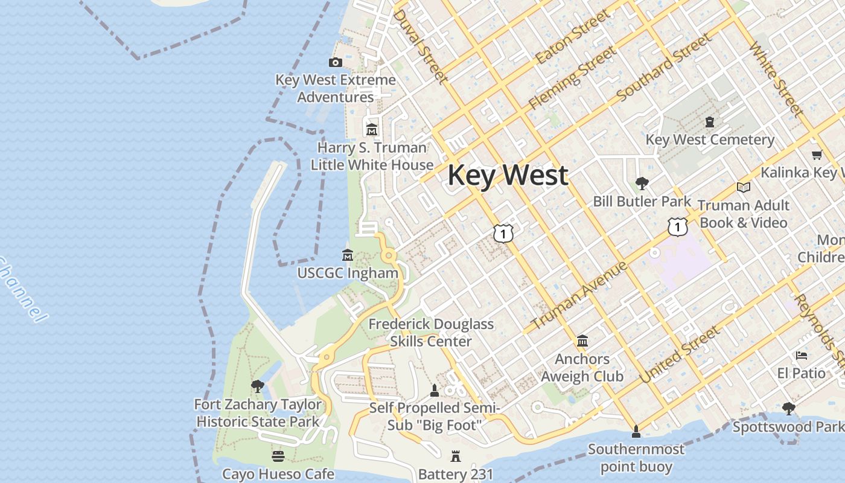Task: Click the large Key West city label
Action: (508, 175)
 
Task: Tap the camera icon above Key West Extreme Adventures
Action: (335, 62)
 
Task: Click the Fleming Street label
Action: (573, 78)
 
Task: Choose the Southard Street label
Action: (664, 68)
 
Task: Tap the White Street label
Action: (776, 79)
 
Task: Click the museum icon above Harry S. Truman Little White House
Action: (372, 130)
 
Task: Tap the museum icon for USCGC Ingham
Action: (348, 255)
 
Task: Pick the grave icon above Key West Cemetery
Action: (710, 122)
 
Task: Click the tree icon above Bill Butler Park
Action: (642, 183)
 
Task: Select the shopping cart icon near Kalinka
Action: (817, 155)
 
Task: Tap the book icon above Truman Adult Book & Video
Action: (744, 188)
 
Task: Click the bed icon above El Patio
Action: (802, 356)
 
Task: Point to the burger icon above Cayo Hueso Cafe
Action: (278, 456)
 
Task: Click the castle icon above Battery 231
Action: (456, 456)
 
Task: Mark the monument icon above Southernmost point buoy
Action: (636, 432)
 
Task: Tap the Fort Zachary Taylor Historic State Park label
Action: (258, 413)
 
